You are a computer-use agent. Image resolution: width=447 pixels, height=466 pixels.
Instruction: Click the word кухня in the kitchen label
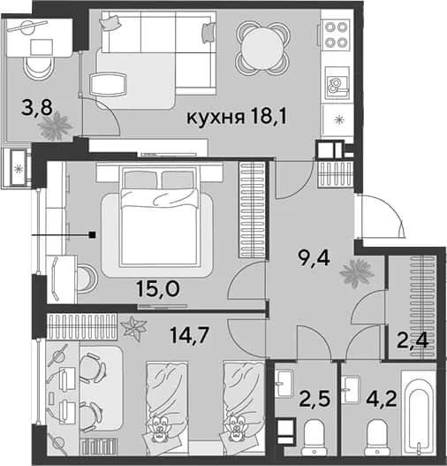click(216, 118)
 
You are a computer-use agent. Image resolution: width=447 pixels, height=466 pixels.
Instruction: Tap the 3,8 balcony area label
click(37, 108)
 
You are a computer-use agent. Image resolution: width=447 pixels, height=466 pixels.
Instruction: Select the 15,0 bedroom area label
click(158, 288)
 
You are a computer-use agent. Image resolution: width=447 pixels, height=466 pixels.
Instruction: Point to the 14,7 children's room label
click(190, 334)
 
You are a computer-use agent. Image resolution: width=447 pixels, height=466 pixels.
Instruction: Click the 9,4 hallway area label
click(314, 258)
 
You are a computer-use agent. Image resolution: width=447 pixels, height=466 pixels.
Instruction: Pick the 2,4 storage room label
click(413, 340)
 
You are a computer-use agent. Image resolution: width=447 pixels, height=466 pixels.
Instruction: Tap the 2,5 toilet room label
click(314, 398)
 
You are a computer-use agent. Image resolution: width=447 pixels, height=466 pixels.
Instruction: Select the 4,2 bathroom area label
click(382, 398)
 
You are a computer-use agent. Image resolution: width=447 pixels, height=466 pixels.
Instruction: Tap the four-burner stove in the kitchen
click(337, 34)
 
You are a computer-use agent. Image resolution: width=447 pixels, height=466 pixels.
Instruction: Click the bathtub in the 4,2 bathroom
click(419, 413)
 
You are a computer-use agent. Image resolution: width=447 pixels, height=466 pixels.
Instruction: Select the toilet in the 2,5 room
click(314, 437)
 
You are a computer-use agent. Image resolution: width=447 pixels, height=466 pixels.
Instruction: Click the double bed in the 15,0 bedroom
click(159, 217)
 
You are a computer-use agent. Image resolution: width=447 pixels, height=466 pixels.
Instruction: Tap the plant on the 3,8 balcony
click(54, 126)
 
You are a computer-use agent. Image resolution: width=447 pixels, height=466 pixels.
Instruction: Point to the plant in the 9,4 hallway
click(357, 273)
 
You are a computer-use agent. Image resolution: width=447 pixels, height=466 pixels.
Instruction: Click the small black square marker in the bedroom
click(93, 235)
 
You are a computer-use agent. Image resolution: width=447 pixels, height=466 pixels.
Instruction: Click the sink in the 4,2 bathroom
click(350, 389)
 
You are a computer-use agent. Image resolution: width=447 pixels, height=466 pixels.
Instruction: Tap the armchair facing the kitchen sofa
click(108, 84)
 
